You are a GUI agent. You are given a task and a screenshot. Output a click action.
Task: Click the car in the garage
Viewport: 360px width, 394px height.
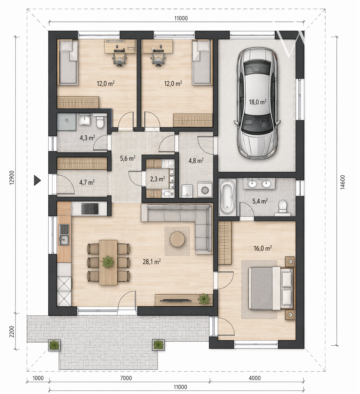click(x=257, y=103)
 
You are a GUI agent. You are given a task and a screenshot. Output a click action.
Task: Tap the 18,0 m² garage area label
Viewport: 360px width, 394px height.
click(x=258, y=102)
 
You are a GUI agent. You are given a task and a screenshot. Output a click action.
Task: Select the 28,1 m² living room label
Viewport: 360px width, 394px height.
click(x=152, y=262)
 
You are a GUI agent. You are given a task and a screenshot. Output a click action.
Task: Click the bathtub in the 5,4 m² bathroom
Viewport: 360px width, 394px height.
click(x=227, y=197)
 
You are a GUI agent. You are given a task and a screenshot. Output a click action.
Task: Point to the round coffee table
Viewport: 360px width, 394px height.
click(x=177, y=239)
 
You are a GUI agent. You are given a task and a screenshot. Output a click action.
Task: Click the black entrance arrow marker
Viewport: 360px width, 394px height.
click(x=37, y=180)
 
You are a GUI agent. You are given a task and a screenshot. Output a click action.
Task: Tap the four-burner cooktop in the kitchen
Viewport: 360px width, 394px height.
click(x=89, y=209)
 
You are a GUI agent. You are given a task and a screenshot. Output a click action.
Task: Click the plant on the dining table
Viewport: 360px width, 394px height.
click(x=108, y=262)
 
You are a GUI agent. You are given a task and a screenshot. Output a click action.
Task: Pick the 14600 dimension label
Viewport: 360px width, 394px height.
click(x=342, y=182)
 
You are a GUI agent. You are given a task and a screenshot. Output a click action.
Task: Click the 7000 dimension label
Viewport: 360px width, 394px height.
click(x=126, y=378)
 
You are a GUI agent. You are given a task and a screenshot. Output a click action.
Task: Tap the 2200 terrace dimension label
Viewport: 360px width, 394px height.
click(x=12, y=332)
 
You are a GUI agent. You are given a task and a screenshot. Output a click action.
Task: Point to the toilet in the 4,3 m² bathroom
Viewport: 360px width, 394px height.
click(x=100, y=122)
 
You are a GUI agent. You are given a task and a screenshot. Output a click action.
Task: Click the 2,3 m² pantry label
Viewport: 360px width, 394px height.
click(x=158, y=179)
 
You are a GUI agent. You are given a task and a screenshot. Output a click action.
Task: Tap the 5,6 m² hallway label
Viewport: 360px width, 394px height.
click(x=128, y=158)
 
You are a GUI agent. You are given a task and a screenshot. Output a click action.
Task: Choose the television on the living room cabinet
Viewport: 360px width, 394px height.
click(x=175, y=300)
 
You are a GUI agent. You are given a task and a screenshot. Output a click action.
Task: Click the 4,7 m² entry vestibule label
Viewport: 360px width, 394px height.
click(x=87, y=183)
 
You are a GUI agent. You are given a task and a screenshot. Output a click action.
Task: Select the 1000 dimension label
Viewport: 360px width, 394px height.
click(x=38, y=378)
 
